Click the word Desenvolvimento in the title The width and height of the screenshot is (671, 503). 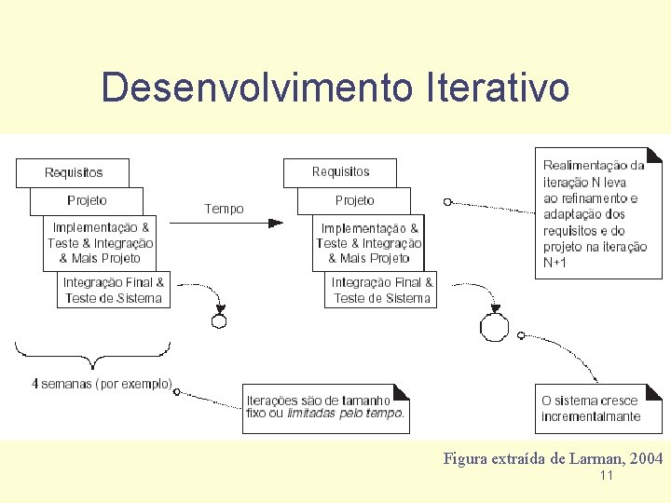pos(257,88)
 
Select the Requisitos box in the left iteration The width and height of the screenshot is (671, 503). pos(73,172)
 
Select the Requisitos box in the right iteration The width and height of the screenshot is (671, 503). pos(340,171)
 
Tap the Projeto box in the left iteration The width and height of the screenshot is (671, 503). pos(87,200)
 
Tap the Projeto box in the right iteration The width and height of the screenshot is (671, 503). pos(354,200)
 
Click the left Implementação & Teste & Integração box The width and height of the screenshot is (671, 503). pos(101,242)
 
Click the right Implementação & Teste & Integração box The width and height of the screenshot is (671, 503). pos(369,243)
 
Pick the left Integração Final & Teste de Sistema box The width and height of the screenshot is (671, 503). pos(114,290)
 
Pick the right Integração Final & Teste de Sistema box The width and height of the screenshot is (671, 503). pos(382,290)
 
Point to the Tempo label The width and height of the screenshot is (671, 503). pos(224,209)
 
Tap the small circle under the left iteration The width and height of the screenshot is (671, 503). pos(219,321)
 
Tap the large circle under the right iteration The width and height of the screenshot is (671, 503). pos(494,328)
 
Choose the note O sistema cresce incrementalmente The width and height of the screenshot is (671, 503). pos(598,408)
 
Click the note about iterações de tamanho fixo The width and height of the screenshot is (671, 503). pos(325,407)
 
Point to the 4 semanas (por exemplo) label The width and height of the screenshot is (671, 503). pos(102,383)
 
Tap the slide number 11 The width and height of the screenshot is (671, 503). pos(607,476)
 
